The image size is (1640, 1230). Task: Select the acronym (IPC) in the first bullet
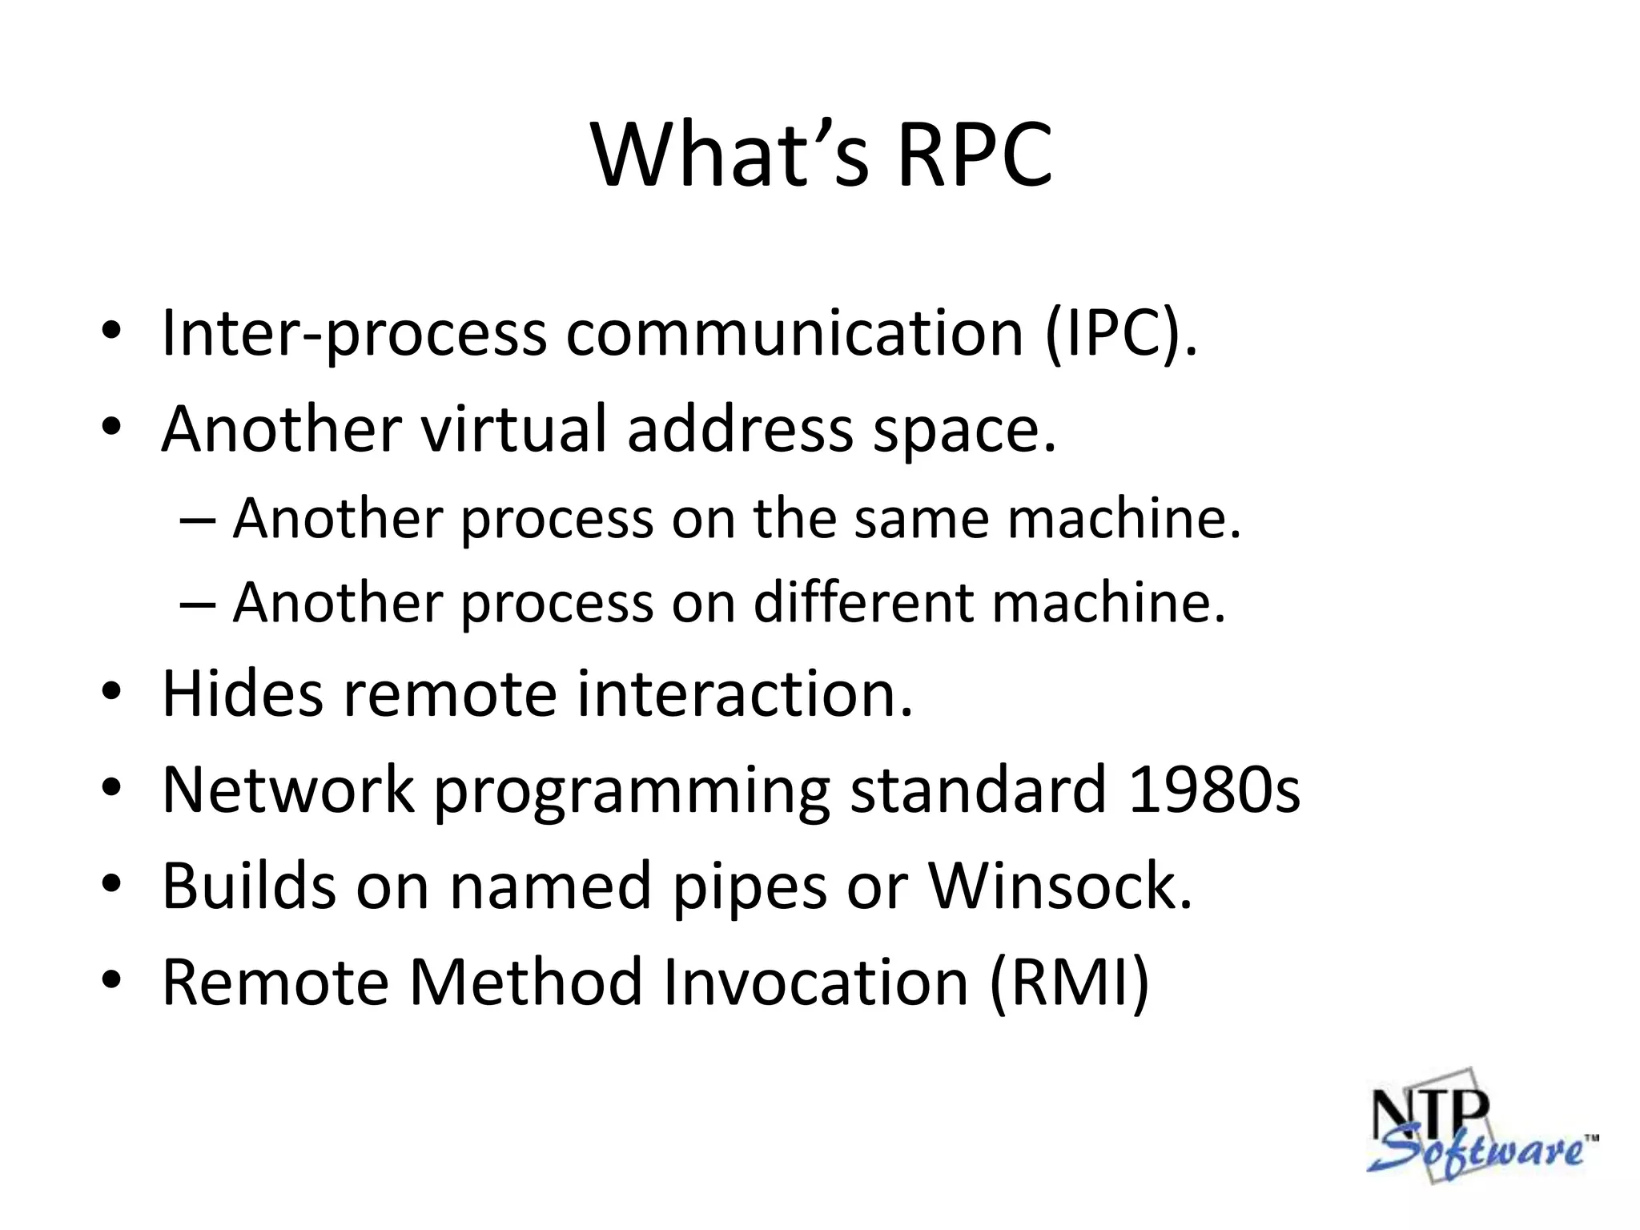1120,333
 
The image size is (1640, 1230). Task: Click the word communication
794,333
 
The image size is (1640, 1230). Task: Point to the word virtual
513,428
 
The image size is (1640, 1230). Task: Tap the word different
864,601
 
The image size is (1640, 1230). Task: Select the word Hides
243,693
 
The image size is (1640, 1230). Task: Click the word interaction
745,693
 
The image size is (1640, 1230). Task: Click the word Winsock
1059,886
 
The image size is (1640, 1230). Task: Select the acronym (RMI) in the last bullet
1070,982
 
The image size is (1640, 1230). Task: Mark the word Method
525,982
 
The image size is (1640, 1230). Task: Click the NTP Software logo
1478,1126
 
